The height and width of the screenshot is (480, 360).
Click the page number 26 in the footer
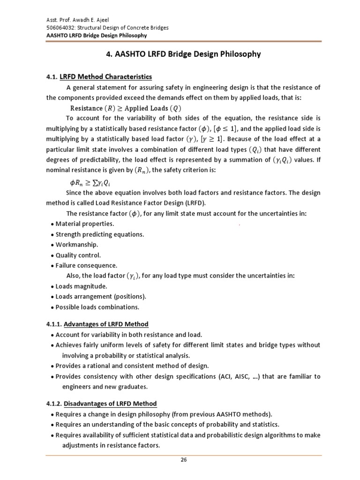184,460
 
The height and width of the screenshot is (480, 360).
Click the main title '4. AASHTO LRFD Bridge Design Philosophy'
184,54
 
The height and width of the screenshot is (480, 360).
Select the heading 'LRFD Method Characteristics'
106,76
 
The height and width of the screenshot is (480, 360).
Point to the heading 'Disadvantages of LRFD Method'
110,404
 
